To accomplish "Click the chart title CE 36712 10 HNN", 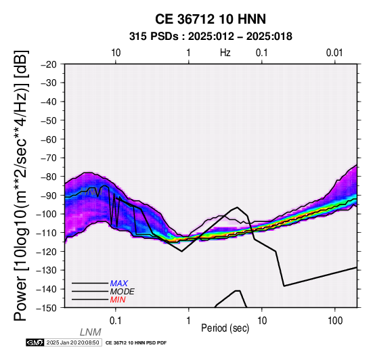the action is click(211, 19).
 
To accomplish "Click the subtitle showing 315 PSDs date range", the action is click(211, 37).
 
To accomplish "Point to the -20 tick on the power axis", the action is click(49, 64).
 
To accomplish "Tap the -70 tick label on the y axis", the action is click(49, 158).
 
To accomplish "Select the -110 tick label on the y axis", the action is click(47, 233).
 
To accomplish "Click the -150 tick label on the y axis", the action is click(47, 308).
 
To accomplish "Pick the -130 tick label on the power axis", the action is click(47, 270).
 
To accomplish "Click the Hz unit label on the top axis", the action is click(225, 53).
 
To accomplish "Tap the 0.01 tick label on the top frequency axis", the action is click(334, 53).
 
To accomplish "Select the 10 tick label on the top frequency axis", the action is click(116, 53).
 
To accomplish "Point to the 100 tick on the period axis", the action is click(335, 321).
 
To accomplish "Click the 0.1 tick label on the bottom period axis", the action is click(116, 321).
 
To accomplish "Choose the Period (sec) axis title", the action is click(225, 328).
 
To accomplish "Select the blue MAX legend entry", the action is click(119, 284).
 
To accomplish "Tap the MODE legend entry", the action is click(123, 292).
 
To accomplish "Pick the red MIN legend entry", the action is click(118, 300).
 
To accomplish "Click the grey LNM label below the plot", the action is click(91, 332).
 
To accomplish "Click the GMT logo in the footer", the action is click(35, 342).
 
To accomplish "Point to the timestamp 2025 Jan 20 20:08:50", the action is click(73, 342).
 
